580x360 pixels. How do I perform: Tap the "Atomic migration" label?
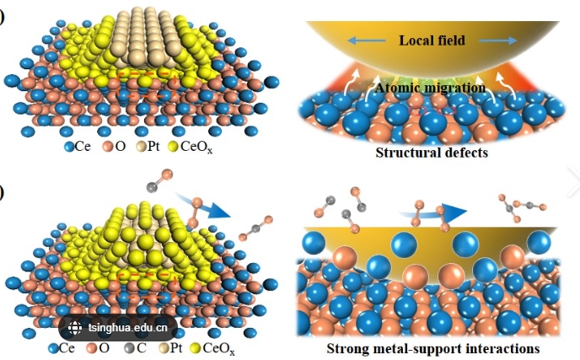tap(430, 87)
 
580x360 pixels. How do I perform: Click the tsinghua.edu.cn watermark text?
tap(127, 329)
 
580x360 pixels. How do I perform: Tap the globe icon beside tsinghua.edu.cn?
tap(74, 329)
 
